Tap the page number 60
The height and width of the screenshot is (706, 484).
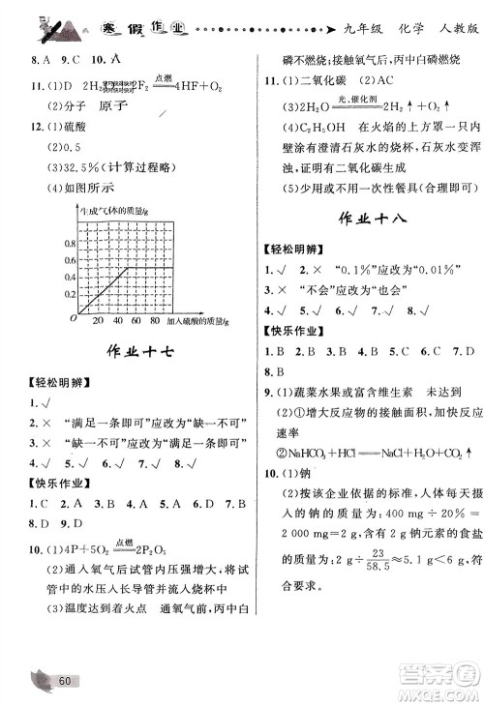pyautogui.click(x=66, y=681)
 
